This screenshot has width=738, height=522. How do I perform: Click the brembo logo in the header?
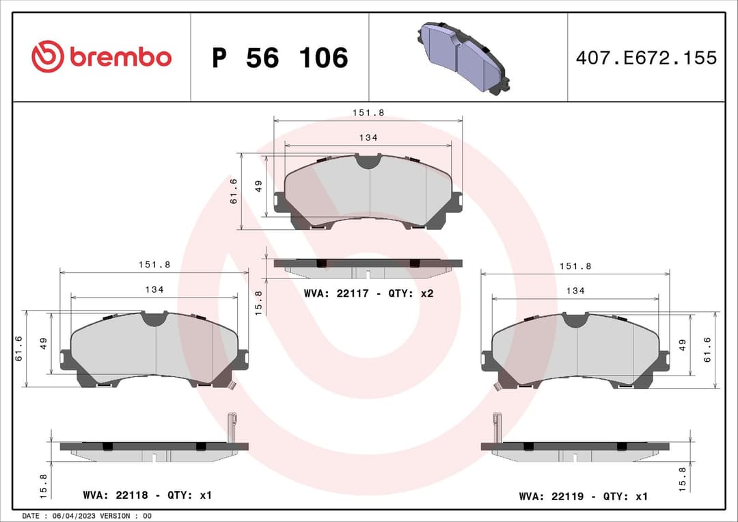(x=101, y=57)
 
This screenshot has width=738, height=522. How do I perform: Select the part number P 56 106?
(x=279, y=58)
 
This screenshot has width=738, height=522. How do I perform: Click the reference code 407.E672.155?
(x=646, y=58)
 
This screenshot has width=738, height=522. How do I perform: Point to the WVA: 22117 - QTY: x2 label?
(x=368, y=293)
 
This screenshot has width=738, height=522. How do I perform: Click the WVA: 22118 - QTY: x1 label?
(x=147, y=495)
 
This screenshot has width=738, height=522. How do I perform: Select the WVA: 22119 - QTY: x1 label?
(x=583, y=496)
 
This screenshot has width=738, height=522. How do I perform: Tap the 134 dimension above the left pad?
(x=154, y=290)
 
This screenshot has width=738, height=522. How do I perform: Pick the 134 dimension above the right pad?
(x=575, y=291)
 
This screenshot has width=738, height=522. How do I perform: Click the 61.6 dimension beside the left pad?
(x=19, y=348)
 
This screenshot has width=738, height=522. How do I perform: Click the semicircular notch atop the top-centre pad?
(x=368, y=161)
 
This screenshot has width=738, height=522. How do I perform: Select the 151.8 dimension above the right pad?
(x=575, y=266)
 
